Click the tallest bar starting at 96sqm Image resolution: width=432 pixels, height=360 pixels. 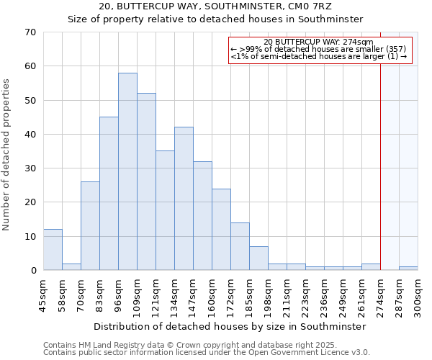coord(127,171)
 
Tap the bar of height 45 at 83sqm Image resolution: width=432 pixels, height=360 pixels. coord(109,194)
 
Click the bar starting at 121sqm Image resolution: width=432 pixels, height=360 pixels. coord(165,210)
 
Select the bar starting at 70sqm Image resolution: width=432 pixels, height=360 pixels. coord(90,226)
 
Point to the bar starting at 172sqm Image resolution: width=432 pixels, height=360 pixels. coord(240,246)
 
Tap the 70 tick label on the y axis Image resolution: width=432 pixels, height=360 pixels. coord(30,32)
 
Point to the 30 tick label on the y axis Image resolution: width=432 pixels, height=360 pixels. coord(30,168)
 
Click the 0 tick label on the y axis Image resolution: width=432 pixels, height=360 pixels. coord(32,271)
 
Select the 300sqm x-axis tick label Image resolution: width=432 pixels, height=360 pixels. coord(418,297)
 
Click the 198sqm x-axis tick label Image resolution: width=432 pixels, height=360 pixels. coord(277,297)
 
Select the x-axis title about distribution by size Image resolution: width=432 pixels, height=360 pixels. coord(230,326)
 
